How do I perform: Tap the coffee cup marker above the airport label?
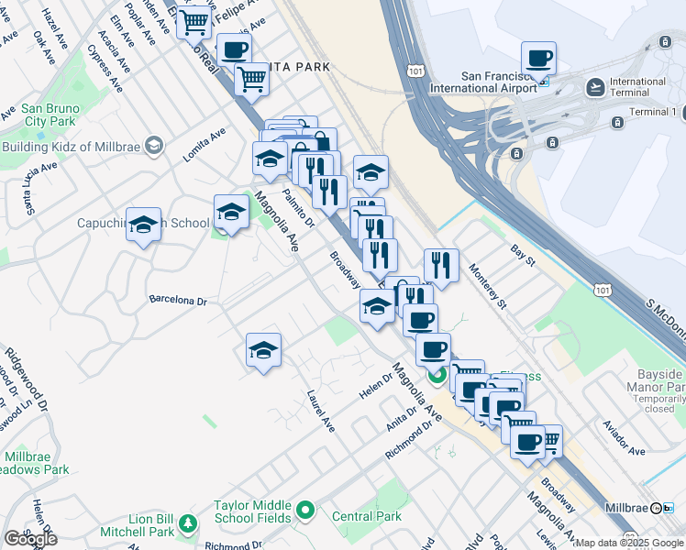click(538, 60)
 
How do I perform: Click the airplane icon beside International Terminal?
click(596, 87)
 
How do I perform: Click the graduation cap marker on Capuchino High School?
click(143, 225)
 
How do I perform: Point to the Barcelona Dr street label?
click(179, 300)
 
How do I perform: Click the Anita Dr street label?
click(402, 419)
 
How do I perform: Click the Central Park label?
click(367, 516)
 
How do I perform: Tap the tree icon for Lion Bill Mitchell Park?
click(187, 523)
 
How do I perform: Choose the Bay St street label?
click(523, 255)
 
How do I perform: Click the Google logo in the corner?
click(30, 539)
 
